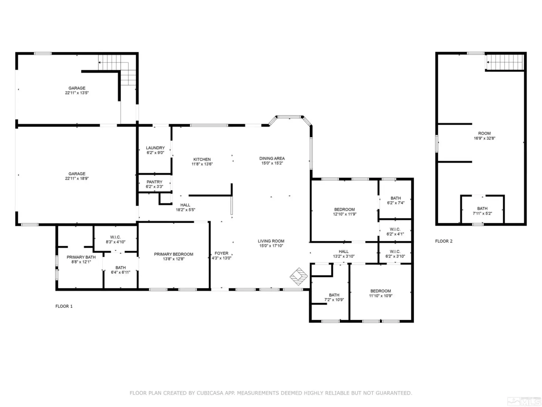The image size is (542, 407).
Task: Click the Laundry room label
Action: click(155, 148)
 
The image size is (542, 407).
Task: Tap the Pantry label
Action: click(154, 182)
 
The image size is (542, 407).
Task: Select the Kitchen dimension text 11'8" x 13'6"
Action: click(202, 164)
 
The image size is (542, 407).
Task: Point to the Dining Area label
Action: click(272, 158)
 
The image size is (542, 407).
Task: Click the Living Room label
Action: click(271, 241)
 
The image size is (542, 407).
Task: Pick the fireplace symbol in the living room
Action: click(298, 276)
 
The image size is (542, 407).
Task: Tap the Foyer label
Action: click(221, 253)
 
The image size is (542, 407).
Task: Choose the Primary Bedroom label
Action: click(173, 254)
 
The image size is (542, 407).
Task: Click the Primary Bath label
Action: click(81, 257)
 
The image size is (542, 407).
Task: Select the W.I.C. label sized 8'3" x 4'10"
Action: click(115, 237)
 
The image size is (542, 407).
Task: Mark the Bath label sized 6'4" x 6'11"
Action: click(121, 268)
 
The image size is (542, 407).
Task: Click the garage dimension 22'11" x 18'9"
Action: click(77, 178)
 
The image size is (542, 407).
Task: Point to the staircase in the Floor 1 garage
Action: click(117, 70)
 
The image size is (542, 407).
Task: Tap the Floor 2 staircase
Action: click(505, 62)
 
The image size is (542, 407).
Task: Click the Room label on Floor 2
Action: click(484, 133)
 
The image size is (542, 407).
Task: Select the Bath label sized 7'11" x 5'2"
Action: click(482, 209)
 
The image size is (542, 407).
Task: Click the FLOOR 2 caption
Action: click(443, 241)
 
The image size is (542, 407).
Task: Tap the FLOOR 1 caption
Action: click(64, 306)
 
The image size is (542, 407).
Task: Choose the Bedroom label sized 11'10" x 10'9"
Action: click(380, 291)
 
